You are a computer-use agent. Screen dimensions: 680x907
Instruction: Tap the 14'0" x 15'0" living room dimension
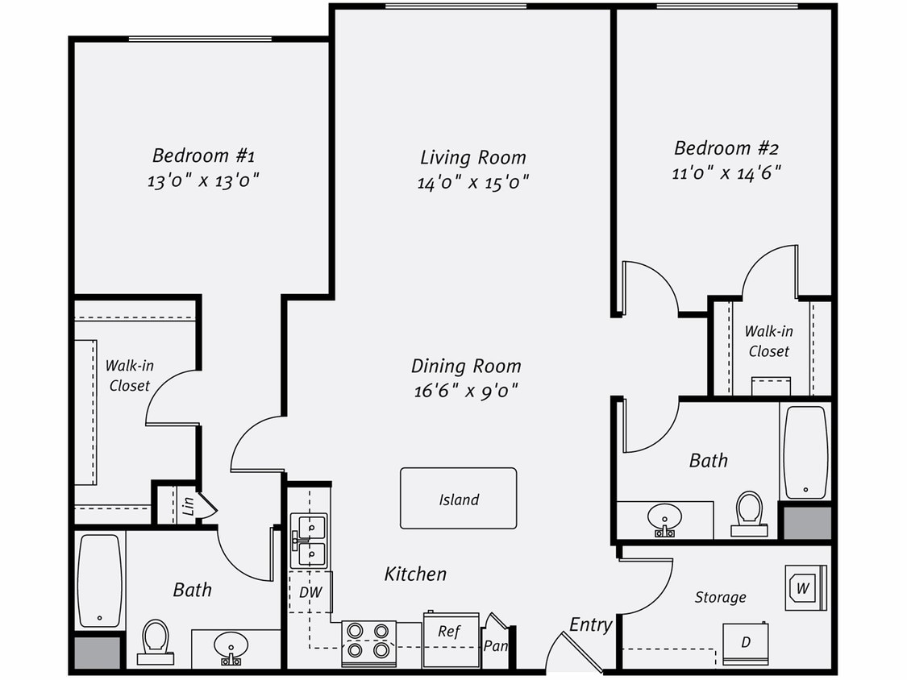coord(472,183)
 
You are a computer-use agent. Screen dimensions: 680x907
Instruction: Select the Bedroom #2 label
coord(726,148)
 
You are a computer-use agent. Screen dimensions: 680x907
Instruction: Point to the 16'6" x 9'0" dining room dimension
coord(464,392)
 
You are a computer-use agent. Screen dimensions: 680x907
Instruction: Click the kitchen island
coord(458,499)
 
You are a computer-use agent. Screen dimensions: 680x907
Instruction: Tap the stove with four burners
coord(368,642)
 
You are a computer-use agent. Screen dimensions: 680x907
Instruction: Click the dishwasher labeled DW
coord(310,592)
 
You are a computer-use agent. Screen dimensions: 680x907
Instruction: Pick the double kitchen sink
coord(310,541)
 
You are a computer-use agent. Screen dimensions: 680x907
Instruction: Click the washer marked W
coord(805,588)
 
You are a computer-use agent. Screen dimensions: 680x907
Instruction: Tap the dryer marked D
coord(745,644)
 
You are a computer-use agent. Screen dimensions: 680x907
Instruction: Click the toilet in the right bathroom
coord(749,512)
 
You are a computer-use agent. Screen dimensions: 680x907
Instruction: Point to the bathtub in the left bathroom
coord(99,580)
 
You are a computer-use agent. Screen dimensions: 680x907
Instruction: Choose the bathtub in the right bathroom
coord(805,452)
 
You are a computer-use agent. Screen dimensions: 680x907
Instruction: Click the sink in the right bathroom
coord(664,516)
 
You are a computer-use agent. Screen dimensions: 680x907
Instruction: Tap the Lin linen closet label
coord(188,506)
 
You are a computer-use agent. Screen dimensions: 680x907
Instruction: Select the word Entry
coord(590,624)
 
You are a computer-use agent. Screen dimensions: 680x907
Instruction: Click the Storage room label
coord(720,597)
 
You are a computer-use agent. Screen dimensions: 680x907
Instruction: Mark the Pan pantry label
coord(494,645)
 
